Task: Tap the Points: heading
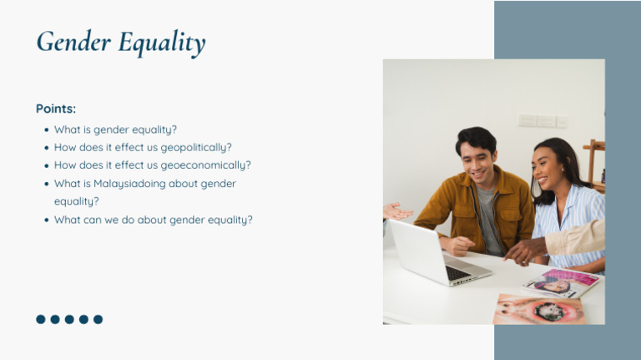point(56,109)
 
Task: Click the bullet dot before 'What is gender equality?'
point(46,130)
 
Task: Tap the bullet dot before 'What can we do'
point(46,221)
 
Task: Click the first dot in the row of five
point(41,319)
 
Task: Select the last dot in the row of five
point(98,319)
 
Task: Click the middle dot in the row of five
point(69,319)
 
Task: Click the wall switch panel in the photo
point(543,121)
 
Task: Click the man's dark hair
point(477,139)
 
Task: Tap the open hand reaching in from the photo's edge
point(396,212)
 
